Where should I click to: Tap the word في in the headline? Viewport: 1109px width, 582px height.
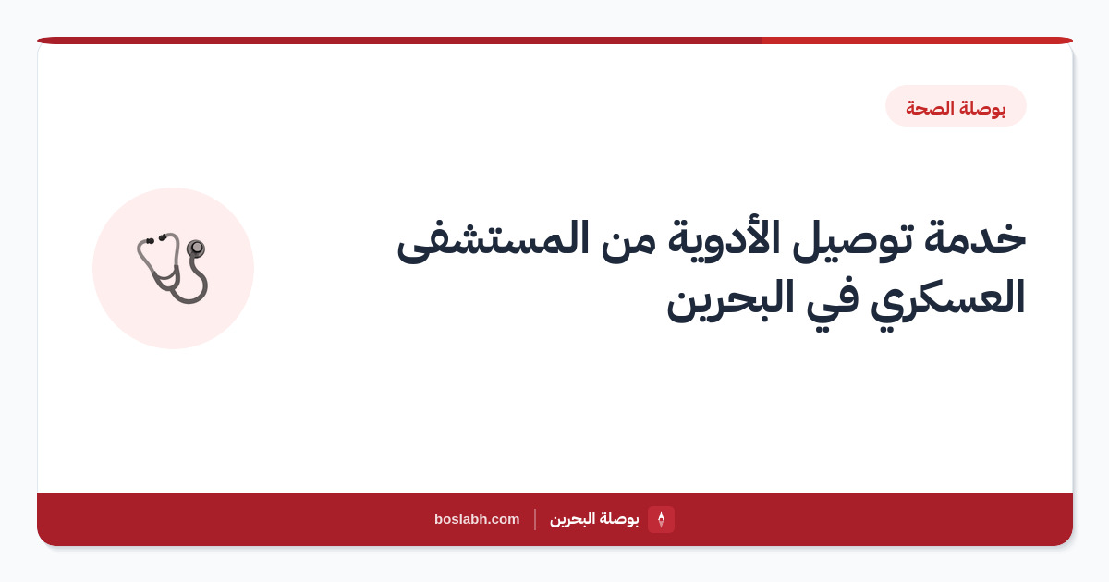pos(833,303)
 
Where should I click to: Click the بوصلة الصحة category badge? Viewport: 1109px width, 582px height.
pos(956,106)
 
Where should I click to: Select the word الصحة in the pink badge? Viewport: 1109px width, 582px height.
pos(931,107)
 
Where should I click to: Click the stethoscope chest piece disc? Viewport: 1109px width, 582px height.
pos(196,248)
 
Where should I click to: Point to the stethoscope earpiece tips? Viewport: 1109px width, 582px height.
pos(155,239)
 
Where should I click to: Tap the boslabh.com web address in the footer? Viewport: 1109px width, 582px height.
pos(477,519)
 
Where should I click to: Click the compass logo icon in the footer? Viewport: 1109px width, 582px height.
pos(661,519)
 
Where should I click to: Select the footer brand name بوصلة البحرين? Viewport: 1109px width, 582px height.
pos(594,519)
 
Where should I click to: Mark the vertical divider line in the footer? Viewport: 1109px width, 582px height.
pos(535,519)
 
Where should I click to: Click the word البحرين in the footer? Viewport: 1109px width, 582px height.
pos(572,519)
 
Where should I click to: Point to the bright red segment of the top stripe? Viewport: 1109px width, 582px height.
pos(917,41)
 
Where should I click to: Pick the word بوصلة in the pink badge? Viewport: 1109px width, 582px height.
pos(982,108)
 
